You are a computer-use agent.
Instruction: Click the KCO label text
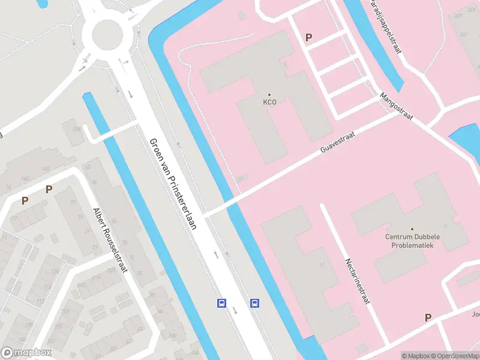(x=269, y=102)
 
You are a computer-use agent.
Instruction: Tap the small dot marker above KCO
(x=269, y=95)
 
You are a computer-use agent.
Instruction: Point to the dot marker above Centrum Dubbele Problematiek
(x=412, y=229)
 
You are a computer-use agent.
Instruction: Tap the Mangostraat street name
(x=397, y=107)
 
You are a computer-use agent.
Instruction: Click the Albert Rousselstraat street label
(x=110, y=240)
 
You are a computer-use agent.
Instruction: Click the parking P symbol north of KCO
(x=308, y=37)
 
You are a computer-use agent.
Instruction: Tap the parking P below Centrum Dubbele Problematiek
(x=428, y=317)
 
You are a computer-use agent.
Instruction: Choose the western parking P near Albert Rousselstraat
(x=25, y=200)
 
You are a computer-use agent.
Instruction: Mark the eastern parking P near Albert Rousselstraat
(x=49, y=190)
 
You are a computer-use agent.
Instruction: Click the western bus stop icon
(x=221, y=303)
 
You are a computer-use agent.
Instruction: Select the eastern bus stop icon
(x=254, y=303)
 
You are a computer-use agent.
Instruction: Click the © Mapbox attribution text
(x=416, y=356)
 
